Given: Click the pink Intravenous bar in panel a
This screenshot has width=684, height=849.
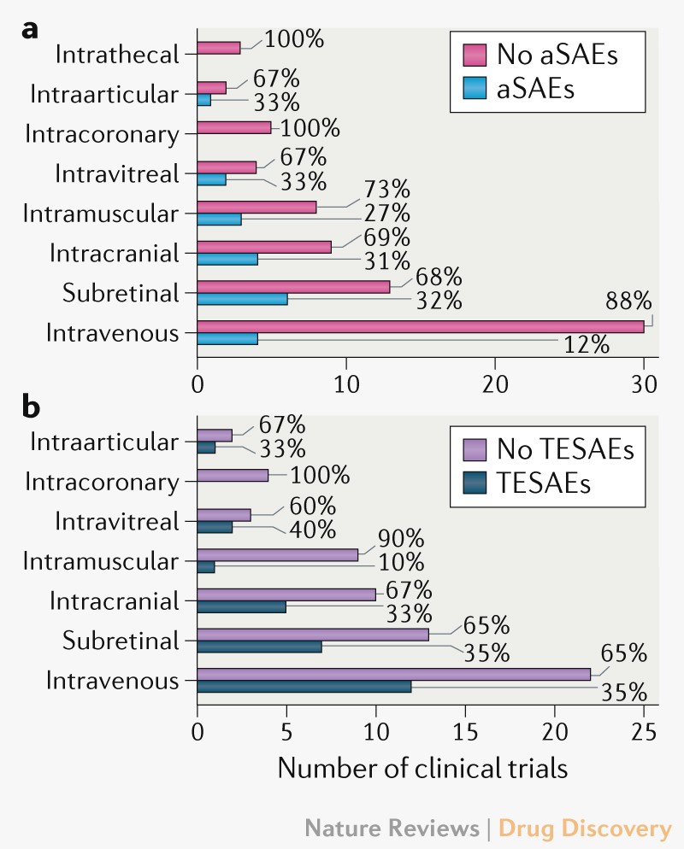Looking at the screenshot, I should pos(419,327).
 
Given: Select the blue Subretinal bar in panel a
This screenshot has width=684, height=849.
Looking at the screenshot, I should pos(243,300).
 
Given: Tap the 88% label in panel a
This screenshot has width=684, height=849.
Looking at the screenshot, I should pos(628,301).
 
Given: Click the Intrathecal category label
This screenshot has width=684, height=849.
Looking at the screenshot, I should pos(117,54).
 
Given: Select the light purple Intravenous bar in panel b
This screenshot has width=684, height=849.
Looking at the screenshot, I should pos(393,675).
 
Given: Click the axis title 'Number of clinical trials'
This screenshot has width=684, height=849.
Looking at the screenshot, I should pos(422,768).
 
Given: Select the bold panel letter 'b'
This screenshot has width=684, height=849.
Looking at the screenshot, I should pos(32,407).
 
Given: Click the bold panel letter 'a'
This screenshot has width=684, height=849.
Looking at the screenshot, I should pos(31,28).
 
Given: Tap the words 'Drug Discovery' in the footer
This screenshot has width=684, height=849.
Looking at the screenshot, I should pos(585,828).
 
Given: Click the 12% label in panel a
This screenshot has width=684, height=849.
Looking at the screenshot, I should pos(586,346).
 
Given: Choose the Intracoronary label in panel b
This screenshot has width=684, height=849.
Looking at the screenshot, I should pos(102,482).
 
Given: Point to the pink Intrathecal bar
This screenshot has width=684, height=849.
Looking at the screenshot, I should pos(219,48).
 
